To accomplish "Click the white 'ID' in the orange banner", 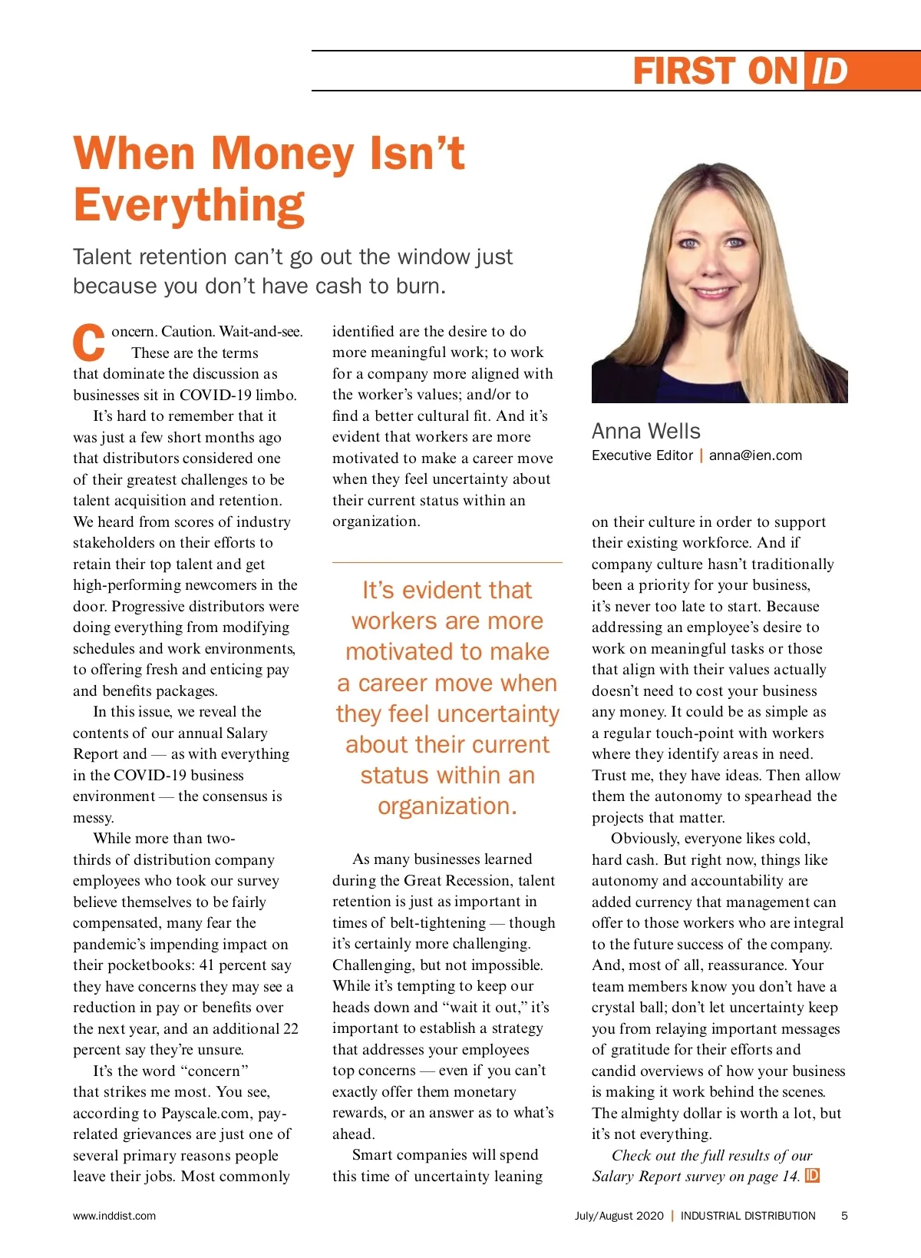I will pos(829,71).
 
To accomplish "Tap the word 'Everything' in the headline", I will pos(190,205).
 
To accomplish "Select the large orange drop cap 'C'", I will pos(89,343).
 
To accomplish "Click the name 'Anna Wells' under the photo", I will pos(645,431).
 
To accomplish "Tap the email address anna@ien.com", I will pos(755,455).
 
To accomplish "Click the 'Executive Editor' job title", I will pos(642,455).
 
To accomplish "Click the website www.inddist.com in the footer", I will pos(114,1216).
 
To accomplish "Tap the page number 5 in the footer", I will pos(844,1216).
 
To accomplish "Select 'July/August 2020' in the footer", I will pos(619,1216).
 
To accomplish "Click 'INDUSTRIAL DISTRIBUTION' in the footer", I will pos(748,1216).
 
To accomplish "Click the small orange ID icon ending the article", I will pos(812,1176).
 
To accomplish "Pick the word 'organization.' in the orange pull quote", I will pos(447,806).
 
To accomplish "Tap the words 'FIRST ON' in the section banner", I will pos(715,71).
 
